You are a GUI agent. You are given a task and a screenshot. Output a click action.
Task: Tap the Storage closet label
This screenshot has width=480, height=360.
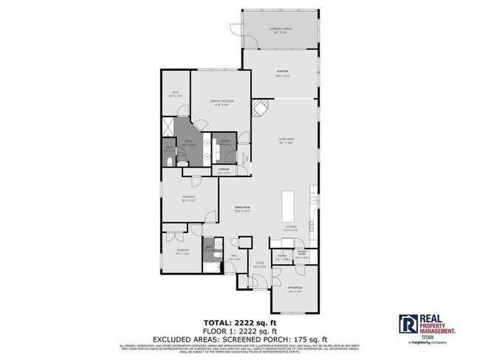(x=223, y=170)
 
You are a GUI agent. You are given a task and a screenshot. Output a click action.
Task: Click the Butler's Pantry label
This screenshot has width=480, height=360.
(x=301, y=256)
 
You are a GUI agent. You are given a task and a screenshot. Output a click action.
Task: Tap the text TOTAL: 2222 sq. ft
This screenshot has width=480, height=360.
(x=239, y=322)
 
